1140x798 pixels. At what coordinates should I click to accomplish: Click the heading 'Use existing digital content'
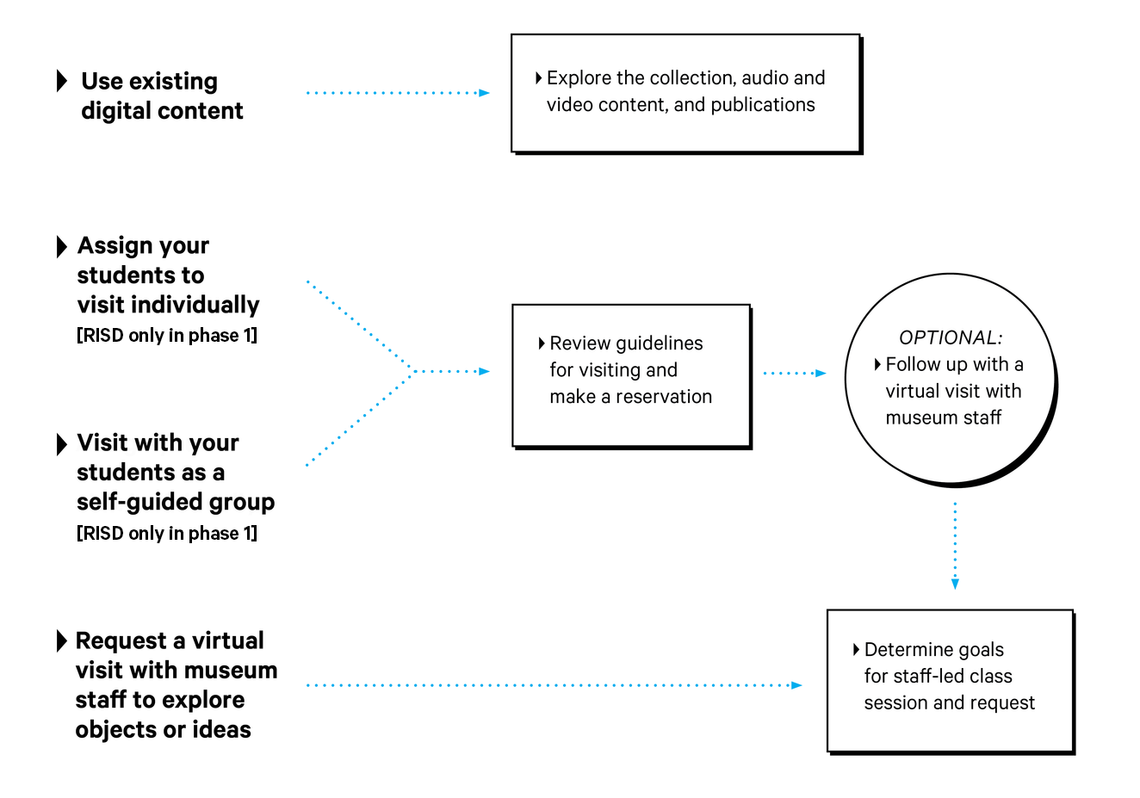point(162,96)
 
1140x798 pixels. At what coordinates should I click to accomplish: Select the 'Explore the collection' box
point(685,93)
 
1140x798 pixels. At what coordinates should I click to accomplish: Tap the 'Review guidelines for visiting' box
point(630,374)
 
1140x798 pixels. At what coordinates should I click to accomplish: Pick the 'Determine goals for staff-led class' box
point(950,680)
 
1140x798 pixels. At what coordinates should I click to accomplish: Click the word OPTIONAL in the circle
point(951,337)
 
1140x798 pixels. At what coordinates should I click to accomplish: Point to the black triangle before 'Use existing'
point(62,81)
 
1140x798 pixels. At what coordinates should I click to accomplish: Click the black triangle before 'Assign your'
point(62,246)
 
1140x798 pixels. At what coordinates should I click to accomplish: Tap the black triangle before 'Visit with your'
point(62,444)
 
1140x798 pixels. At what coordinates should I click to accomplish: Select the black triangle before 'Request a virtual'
point(62,641)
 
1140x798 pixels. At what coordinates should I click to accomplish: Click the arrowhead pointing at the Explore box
point(484,93)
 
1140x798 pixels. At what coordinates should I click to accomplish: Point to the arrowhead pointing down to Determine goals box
point(955,584)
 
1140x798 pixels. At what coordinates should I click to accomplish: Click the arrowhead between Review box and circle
point(821,374)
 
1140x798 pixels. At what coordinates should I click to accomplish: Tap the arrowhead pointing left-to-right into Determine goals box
point(796,685)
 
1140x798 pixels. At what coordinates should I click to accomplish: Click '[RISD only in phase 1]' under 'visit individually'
point(167,336)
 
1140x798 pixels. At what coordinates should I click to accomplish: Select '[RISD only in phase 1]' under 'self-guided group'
point(167,534)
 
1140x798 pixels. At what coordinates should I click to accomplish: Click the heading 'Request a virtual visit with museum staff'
point(176,684)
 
